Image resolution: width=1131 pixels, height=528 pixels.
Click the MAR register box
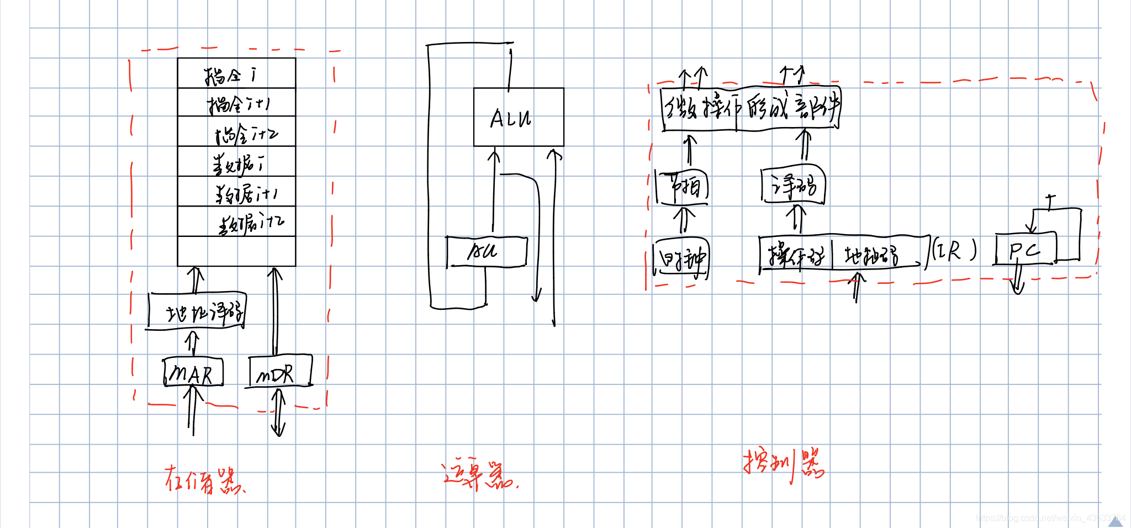coord(193,373)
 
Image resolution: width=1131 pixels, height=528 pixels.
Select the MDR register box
coord(279,372)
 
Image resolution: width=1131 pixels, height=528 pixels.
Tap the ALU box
coord(518,117)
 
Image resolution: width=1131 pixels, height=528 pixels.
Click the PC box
coord(1025,250)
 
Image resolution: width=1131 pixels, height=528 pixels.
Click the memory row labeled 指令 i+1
coord(236,103)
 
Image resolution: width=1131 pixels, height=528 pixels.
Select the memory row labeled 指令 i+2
coord(236,133)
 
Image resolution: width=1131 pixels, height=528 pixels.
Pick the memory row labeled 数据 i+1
coord(236,192)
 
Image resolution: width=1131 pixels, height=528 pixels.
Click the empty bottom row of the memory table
coord(236,251)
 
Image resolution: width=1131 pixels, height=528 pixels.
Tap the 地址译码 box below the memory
coord(198,311)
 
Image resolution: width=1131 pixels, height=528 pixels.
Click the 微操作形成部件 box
coord(751,108)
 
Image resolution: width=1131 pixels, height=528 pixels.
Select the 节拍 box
coord(682,187)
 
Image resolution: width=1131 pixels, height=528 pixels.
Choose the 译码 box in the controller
coord(794,184)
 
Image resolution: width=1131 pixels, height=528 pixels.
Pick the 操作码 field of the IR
coord(796,254)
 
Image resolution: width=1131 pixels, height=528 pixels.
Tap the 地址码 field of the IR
coord(873,254)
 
